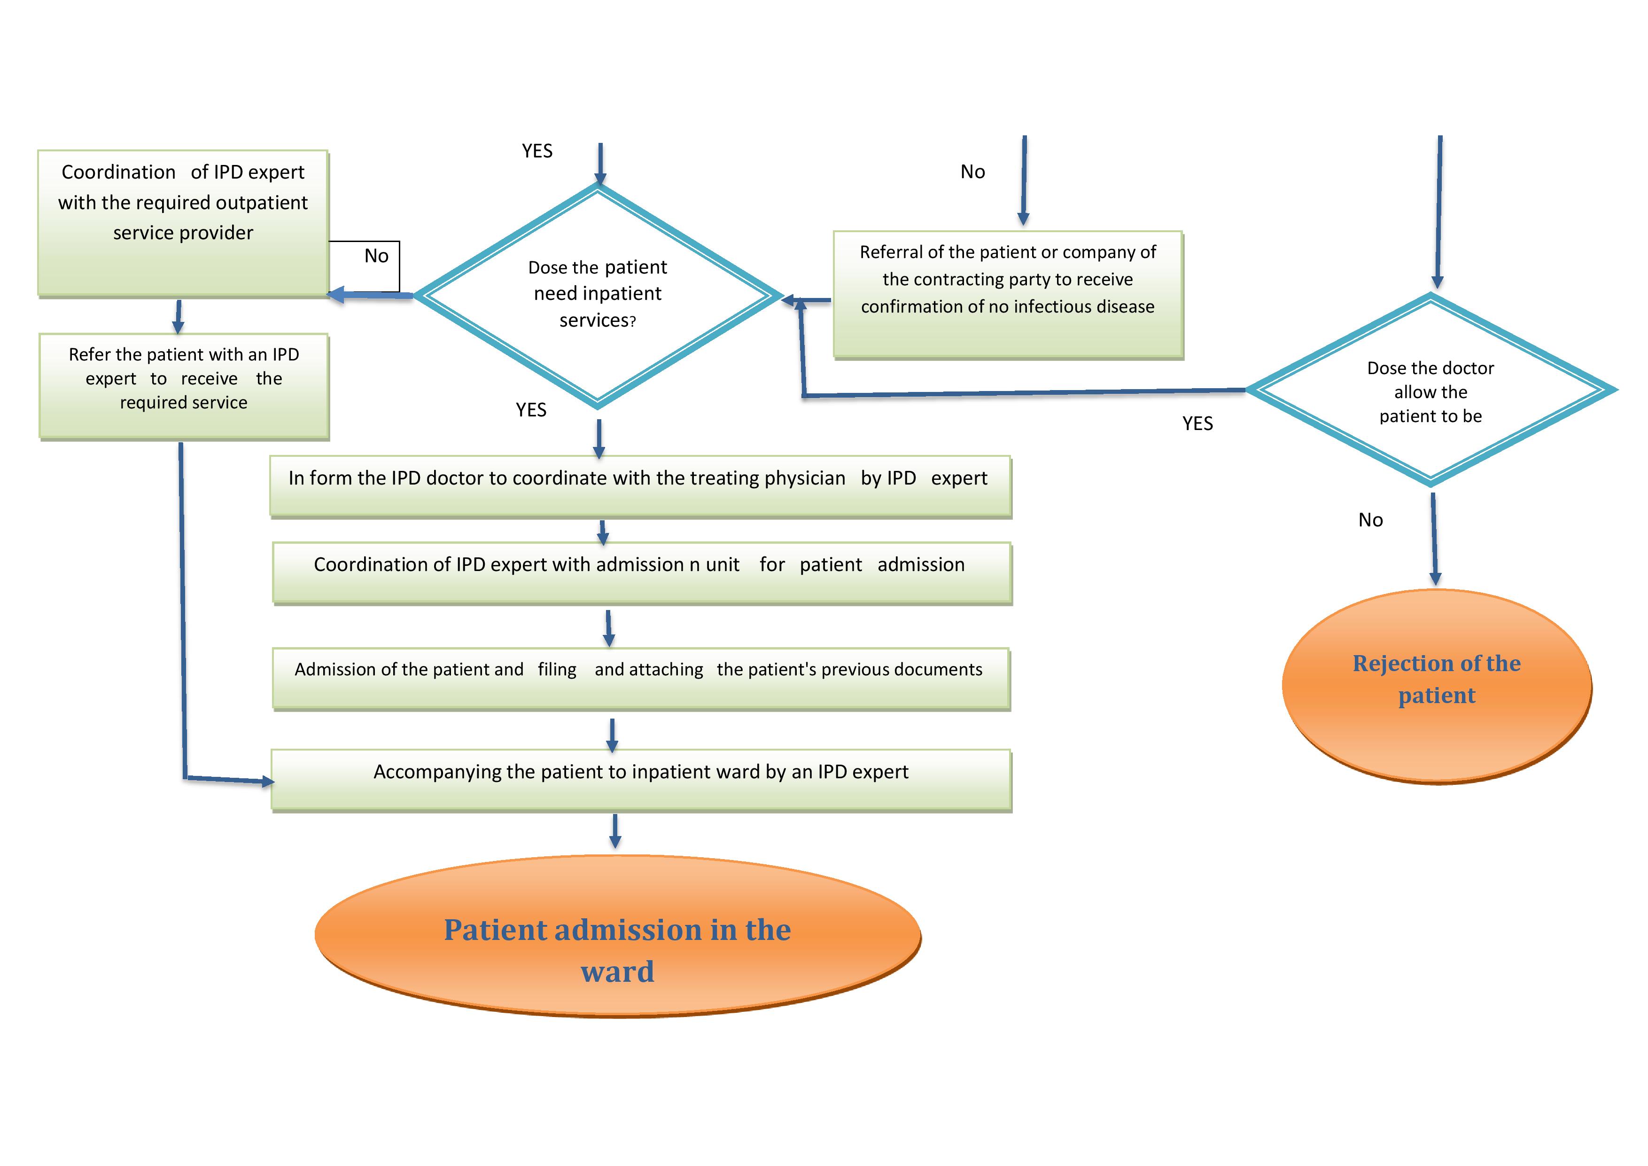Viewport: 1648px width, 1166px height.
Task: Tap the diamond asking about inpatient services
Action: pyautogui.click(x=598, y=295)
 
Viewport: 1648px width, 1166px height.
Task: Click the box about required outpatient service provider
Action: pyautogui.click(x=183, y=223)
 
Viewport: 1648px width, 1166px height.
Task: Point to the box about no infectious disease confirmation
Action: pyautogui.click(x=1008, y=294)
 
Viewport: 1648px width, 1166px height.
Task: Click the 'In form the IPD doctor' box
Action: pyautogui.click(x=640, y=486)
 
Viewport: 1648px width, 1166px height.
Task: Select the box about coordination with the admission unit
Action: pyautogui.click(x=642, y=572)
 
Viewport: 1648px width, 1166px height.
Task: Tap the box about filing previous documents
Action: pyautogui.click(x=640, y=678)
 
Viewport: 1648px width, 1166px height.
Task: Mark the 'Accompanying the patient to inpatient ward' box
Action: pyautogui.click(x=641, y=780)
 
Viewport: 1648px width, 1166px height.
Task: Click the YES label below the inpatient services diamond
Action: pyautogui.click(x=531, y=410)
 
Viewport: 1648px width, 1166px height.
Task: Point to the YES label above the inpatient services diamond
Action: pyautogui.click(x=537, y=151)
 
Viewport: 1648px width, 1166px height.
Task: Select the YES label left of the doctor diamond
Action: pyautogui.click(x=1197, y=423)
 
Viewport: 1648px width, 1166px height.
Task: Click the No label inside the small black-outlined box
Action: pyautogui.click(x=376, y=256)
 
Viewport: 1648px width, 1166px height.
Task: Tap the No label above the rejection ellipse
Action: pyautogui.click(x=1370, y=520)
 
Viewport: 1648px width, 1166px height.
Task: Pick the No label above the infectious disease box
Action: pyautogui.click(x=972, y=172)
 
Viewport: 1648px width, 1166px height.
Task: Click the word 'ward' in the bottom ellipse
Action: pyautogui.click(x=617, y=971)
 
